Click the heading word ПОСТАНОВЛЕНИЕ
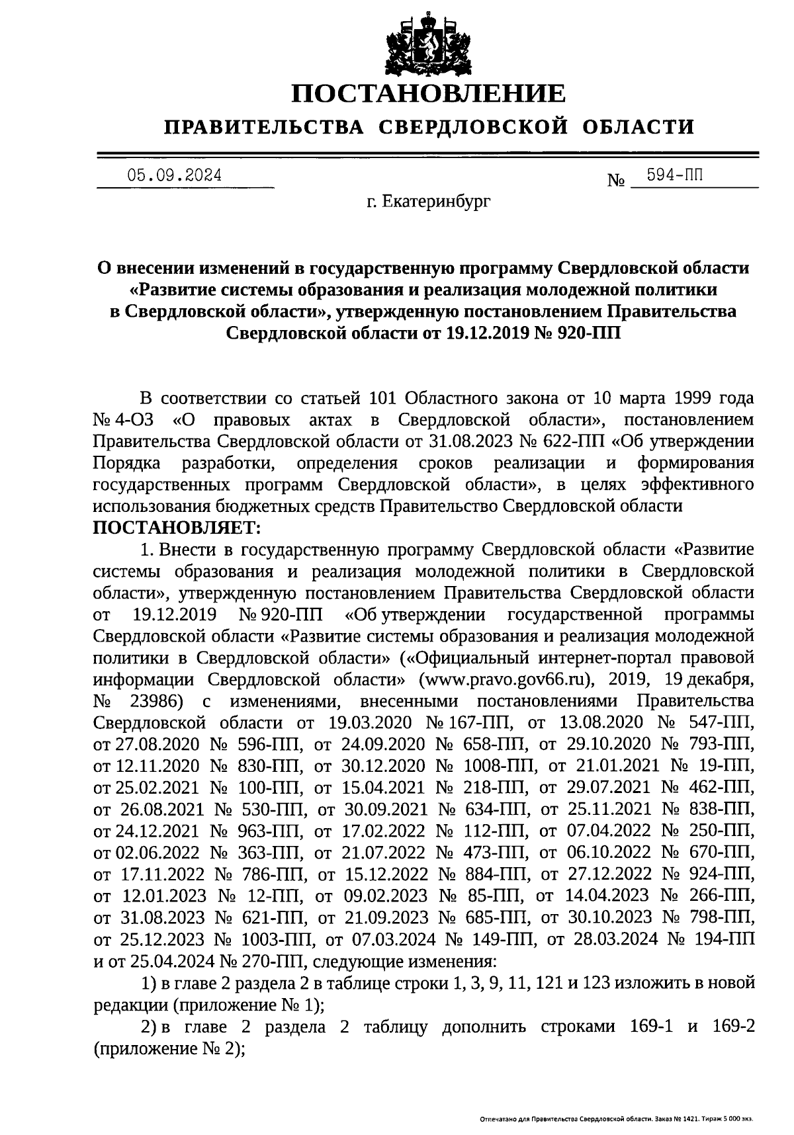click(x=429, y=93)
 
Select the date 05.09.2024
click(x=175, y=175)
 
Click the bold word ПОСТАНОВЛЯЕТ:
click(x=177, y=528)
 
